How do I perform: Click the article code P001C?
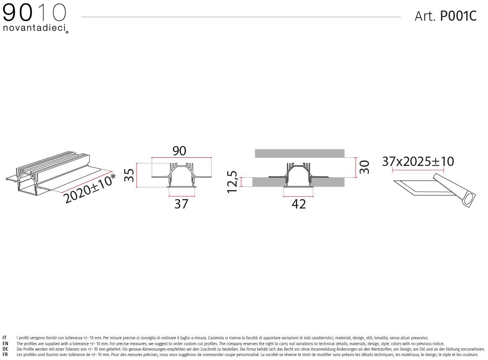458,16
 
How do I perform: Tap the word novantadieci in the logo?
34,28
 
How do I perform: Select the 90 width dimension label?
179,151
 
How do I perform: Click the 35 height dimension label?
129,175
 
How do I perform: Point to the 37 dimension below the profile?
181,204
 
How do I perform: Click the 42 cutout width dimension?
299,204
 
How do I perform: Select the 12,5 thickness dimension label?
232,182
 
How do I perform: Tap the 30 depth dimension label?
364,167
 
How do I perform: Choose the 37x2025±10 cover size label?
418,162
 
